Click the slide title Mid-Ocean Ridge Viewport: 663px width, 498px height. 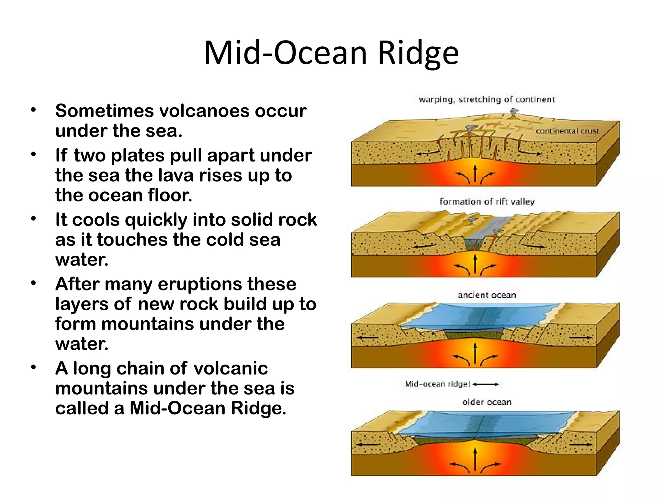click(331, 53)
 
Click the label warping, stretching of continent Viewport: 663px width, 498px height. click(487, 99)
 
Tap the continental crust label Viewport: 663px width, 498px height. click(567, 131)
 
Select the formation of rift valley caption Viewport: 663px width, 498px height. click(487, 202)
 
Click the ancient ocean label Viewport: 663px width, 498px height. click(487, 295)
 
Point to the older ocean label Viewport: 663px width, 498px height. click(487, 402)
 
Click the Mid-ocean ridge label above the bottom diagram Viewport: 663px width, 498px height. click(436, 384)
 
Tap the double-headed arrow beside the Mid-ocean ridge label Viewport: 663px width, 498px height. click(485, 385)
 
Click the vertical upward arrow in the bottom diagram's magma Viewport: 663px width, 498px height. click(475, 459)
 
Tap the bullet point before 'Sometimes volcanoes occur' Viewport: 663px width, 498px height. click(33, 110)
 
